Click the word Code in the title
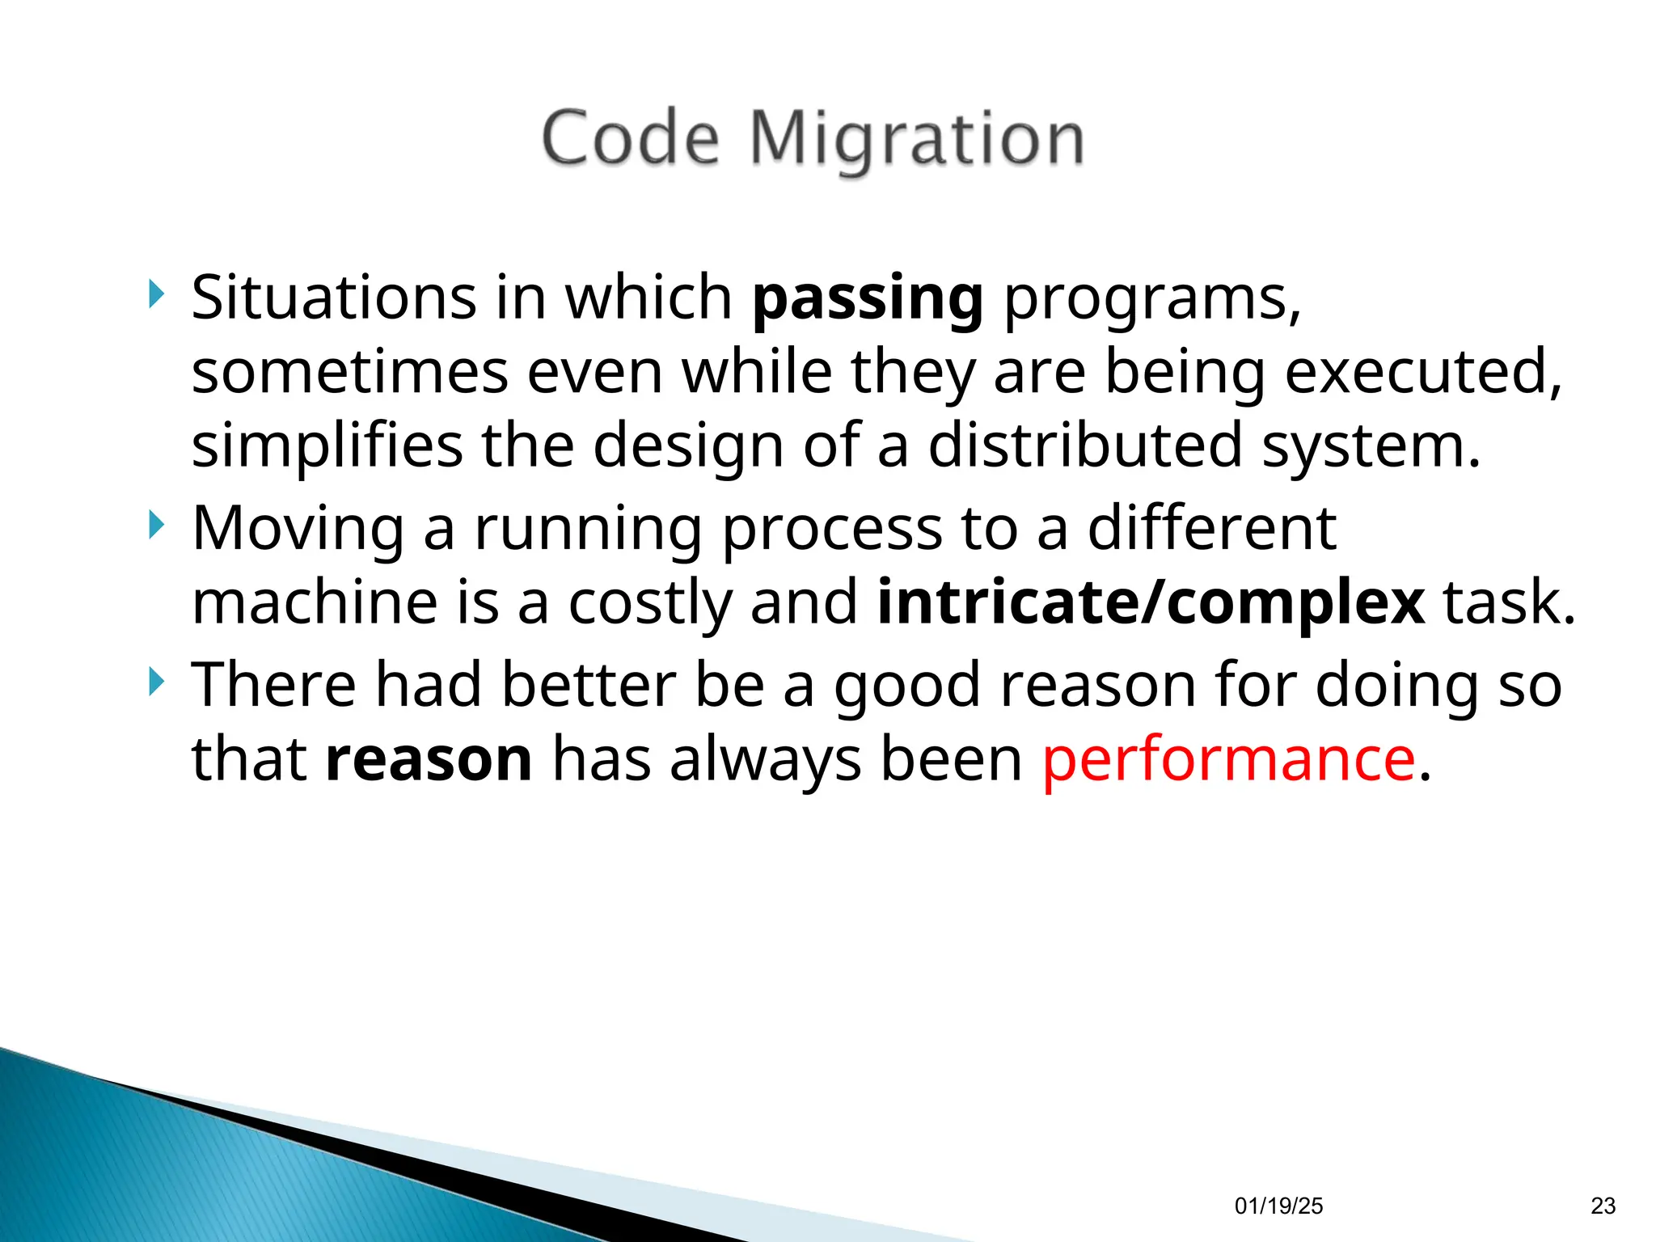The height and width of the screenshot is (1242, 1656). coord(630,140)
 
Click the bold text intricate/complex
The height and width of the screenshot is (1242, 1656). coord(1151,603)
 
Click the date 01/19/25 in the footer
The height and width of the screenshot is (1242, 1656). coord(1278,1206)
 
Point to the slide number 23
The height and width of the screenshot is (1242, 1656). coord(1603,1206)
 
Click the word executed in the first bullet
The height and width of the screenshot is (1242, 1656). coord(1422,372)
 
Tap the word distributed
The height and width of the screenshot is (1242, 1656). coord(1084,446)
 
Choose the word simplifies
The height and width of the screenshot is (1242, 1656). coord(327,446)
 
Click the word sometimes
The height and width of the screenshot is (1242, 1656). coord(349,372)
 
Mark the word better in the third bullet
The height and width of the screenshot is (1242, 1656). coord(588,685)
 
